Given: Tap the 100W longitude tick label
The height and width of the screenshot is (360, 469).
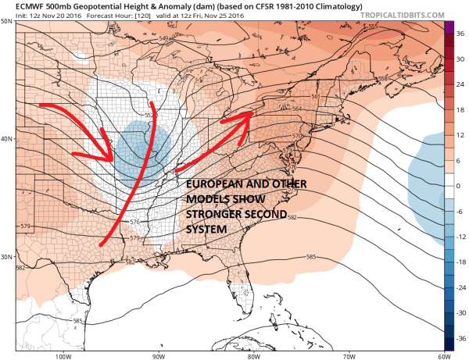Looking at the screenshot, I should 64,355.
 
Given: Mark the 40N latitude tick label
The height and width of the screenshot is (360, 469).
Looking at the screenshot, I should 7,138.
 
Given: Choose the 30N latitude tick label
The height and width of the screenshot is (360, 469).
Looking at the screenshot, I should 7,257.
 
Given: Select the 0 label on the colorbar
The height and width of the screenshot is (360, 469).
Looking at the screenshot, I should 461,186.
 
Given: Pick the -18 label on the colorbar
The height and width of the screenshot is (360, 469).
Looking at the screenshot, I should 461,262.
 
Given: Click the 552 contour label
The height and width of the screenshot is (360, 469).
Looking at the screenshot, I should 151,116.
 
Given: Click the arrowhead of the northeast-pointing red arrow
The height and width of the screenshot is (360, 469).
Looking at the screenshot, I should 249,114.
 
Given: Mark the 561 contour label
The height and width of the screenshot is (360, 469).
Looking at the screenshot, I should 317,96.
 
